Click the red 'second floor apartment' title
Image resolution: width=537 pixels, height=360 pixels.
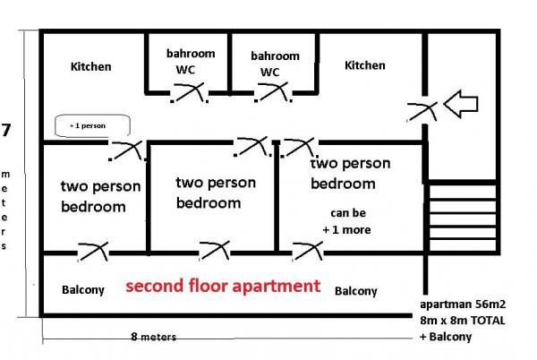(x=222, y=287)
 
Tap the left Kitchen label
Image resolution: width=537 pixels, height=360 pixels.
(x=91, y=66)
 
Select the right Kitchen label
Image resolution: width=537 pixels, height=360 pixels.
(x=365, y=65)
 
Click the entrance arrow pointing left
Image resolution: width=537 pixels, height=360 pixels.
(x=463, y=103)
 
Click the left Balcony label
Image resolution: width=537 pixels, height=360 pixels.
(x=83, y=290)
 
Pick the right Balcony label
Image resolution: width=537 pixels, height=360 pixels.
(x=355, y=291)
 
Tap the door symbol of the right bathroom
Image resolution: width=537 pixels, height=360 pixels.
(x=274, y=90)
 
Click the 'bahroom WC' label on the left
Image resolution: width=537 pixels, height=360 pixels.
(x=190, y=61)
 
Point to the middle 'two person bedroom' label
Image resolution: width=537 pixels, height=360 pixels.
(x=215, y=193)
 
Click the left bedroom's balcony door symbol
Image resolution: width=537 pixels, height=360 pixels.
(x=93, y=252)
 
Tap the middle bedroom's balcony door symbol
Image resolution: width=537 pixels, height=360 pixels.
(x=216, y=252)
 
